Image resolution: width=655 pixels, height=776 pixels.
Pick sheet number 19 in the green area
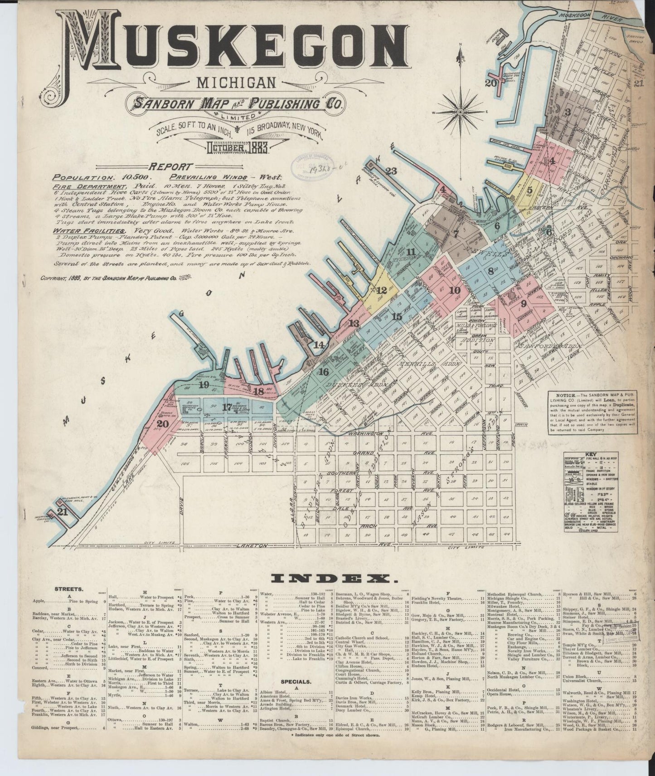[x=203, y=385]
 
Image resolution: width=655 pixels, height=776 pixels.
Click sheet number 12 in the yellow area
[x=382, y=290]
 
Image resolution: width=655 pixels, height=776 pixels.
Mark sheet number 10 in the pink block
[x=455, y=290]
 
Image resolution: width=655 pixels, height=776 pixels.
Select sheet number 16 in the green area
[x=323, y=372]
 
